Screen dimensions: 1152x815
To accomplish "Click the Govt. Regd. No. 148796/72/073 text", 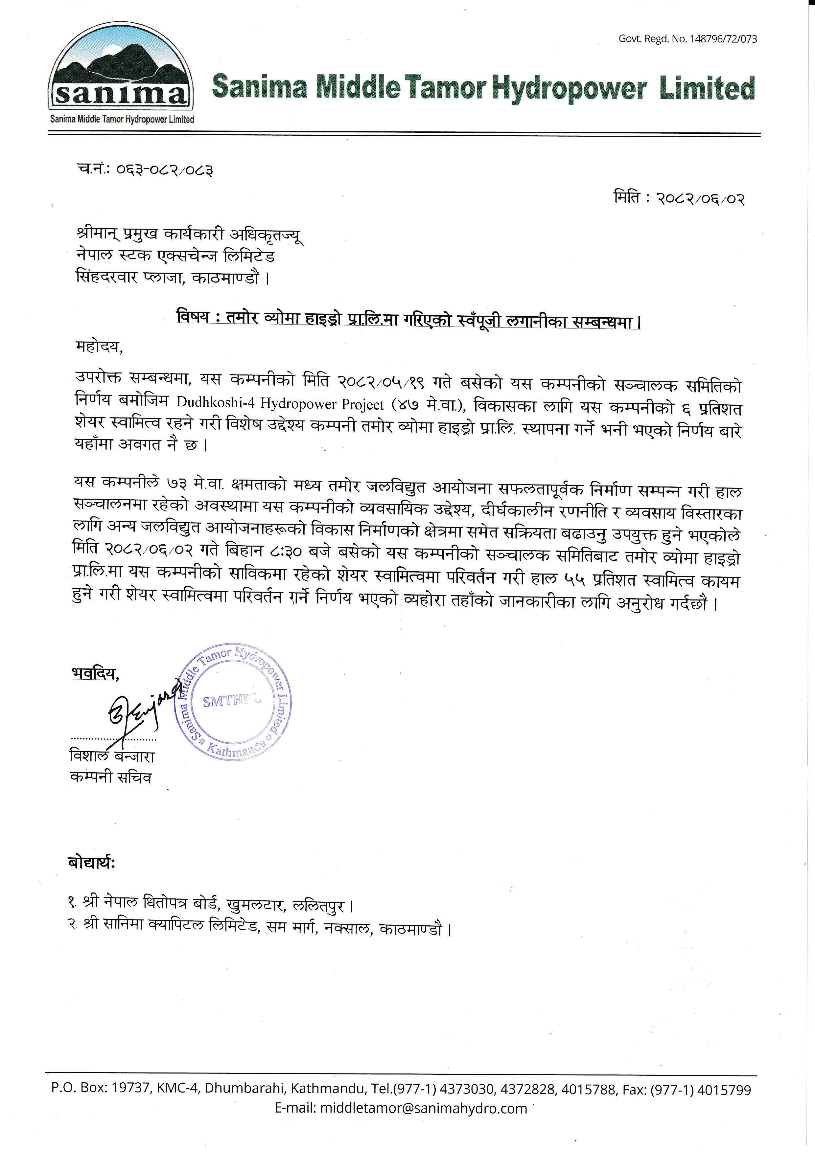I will coord(687,39).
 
